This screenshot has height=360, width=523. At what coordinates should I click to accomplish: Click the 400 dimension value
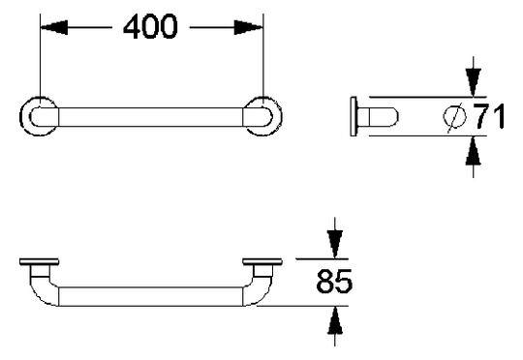149,28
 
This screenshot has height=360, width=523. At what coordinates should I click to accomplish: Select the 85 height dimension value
334,284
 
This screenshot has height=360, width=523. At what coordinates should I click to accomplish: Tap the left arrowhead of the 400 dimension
48,28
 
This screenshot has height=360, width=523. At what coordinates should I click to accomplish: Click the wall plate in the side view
354,117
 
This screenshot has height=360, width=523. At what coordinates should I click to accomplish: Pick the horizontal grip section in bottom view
150,295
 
